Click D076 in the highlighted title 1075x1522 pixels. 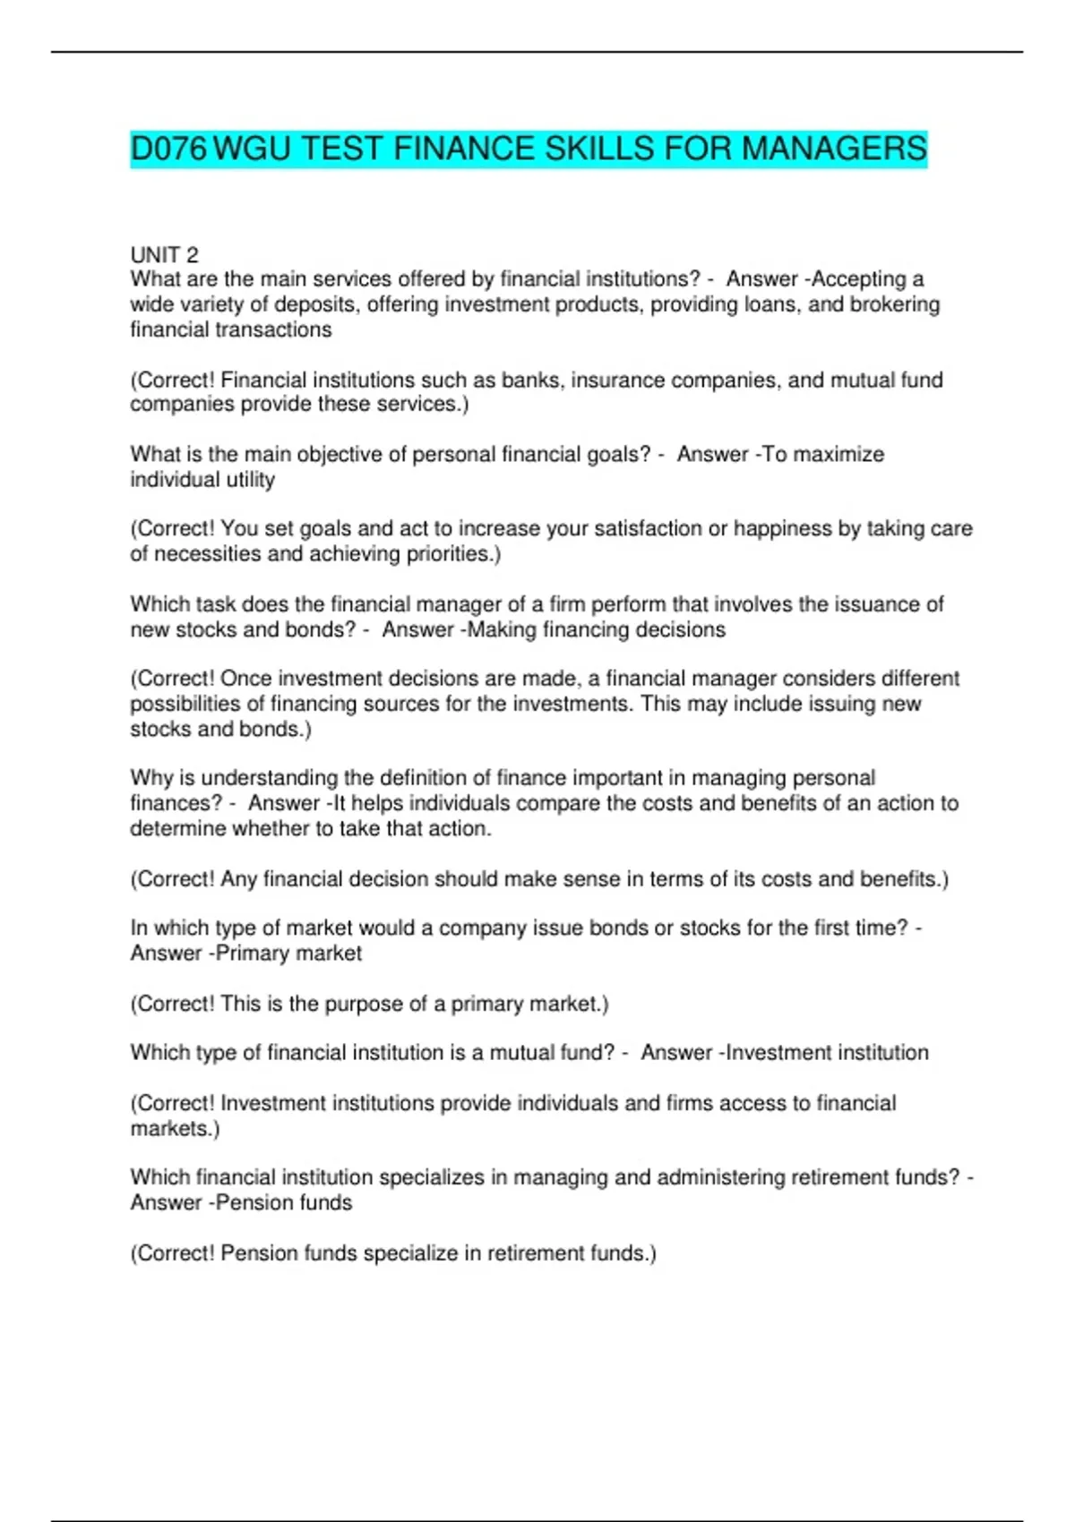click(x=168, y=149)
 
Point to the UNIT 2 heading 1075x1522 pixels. click(x=164, y=255)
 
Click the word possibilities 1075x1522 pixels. click(x=187, y=704)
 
